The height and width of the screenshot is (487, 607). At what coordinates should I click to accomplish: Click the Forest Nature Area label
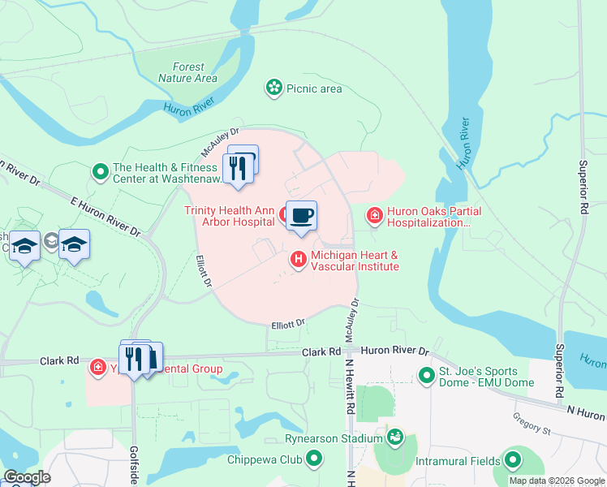coord(183,72)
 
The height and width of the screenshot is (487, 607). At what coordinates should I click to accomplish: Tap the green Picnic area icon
coord(274,87)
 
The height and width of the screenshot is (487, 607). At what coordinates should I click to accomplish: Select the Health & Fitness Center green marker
coord(101,171)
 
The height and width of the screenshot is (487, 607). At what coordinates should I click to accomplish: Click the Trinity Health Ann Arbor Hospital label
coord(230,217)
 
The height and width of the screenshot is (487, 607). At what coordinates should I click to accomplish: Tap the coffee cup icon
coord(301,216)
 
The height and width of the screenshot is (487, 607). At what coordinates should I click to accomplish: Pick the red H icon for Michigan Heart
coord(298,260)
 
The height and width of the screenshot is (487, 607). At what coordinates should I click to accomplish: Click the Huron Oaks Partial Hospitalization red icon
coord(374,215)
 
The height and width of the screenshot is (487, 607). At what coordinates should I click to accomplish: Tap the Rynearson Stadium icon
coord(396,439)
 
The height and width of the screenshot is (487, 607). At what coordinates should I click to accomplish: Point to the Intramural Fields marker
coord(512,460)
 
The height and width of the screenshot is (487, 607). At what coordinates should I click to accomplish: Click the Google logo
coord(27,477)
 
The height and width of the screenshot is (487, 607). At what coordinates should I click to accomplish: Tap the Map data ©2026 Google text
coord(557,481)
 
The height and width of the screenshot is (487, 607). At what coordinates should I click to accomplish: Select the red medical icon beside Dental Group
coord(98,368)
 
